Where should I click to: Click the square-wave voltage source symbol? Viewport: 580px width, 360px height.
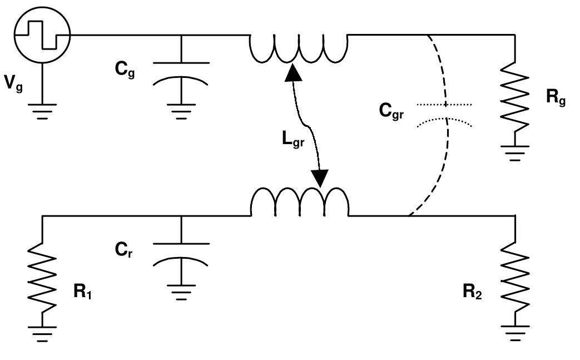point(42,34)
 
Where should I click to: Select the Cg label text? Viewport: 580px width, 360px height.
point(125,72)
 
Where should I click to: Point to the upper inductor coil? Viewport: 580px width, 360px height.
point(298,49)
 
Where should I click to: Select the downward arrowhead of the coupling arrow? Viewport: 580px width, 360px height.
point(321,177)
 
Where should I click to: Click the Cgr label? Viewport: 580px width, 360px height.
point(391,111)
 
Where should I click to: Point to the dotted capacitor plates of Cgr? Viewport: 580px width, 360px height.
point(445,112)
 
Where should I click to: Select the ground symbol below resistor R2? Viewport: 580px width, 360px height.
point(515,332)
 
